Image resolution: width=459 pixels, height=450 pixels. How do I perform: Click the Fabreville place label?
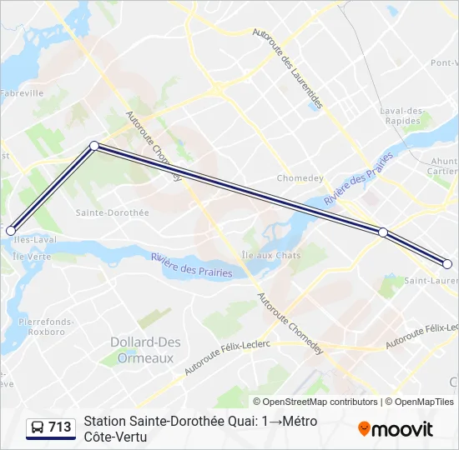pos(22,93)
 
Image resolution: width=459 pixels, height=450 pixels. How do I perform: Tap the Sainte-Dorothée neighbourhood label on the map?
pos(112,212)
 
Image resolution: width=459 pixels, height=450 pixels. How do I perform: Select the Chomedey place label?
pos(297,178)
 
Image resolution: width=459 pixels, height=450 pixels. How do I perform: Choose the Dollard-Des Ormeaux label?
pos(142,349)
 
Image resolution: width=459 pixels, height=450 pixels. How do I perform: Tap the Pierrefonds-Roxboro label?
pos(46,326)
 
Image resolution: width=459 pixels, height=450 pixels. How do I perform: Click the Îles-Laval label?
pos(23,240)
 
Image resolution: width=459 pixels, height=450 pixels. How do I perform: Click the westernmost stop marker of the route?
pos(11,231)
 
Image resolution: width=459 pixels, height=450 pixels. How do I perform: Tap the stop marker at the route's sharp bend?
pos(94,146)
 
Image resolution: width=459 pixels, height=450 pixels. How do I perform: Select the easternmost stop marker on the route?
pos(447,264)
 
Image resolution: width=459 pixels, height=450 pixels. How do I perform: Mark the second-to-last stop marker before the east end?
pos(383,232)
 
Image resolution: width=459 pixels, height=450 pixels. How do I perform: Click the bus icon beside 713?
pos(37,427)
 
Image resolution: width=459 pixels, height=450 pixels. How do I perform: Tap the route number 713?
pos(60,427)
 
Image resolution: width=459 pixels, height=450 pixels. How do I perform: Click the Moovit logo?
pos(396,429)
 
